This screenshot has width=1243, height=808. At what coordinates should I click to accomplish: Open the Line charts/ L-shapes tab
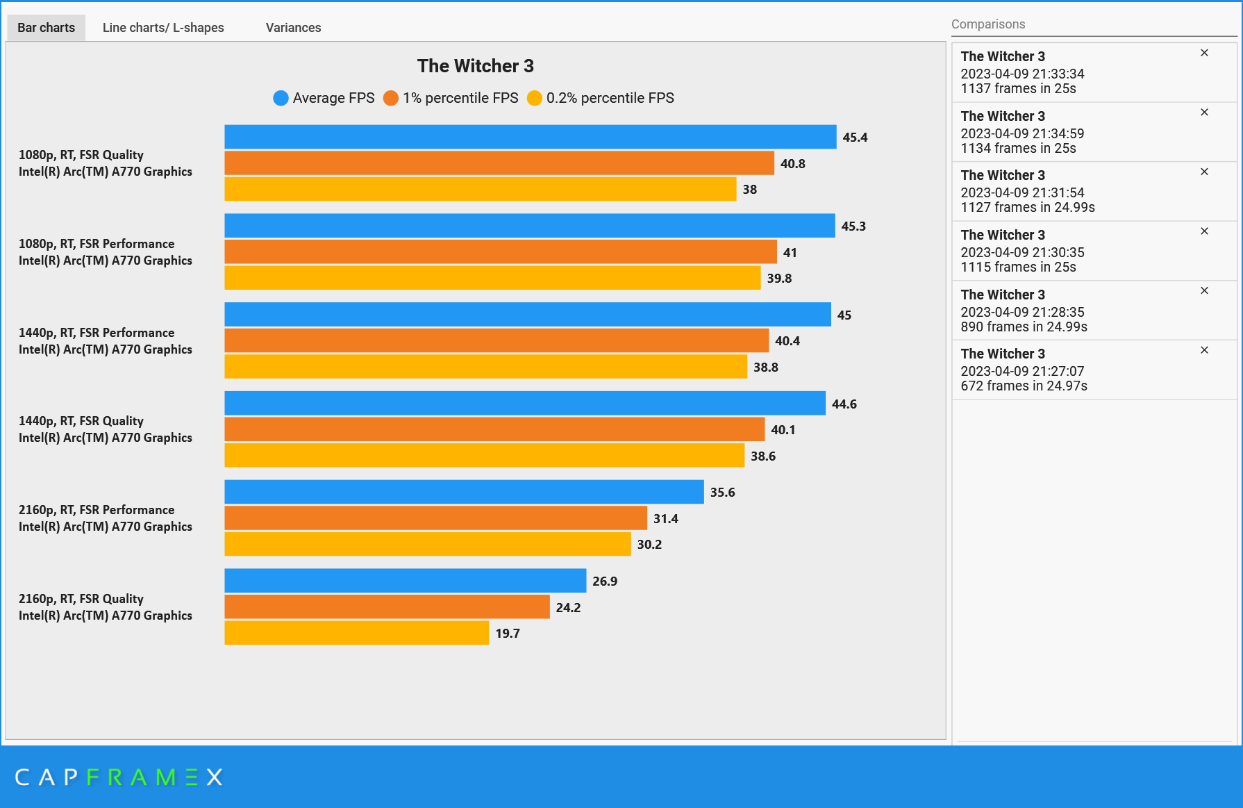point(163,28)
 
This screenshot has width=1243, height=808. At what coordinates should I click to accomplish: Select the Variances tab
point(293,28)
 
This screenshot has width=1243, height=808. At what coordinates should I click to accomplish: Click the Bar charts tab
point(46,28)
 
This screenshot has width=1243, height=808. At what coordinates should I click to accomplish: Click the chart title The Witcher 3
point(475,66)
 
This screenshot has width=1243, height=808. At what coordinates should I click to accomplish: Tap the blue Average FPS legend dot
point(281,98)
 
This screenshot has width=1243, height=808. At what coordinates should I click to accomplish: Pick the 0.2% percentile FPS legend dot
point(534,98)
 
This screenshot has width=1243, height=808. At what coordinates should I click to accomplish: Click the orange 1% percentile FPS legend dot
point(391,98)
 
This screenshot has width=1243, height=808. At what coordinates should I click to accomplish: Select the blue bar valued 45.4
point(530,137)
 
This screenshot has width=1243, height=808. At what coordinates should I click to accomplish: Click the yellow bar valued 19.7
point(356,633)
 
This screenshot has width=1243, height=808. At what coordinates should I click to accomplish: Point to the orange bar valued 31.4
point(435,518)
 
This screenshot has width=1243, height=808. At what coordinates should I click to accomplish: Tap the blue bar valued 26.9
point(405,581)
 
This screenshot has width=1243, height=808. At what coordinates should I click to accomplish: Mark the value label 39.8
point(779,279)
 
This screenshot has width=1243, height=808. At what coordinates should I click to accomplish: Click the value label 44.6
point(844,404)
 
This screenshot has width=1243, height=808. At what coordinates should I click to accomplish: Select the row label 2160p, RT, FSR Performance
point(97,510)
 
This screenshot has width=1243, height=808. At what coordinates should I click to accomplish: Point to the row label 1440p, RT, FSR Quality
point(81,421)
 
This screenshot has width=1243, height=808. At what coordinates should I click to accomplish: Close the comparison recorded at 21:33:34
point(1204,53)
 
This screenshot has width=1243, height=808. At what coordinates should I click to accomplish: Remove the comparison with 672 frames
point(1204,350)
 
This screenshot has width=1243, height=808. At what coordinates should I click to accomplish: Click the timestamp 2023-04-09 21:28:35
point(1022,312)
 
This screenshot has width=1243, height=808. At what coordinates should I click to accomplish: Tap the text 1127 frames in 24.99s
point(1027,208)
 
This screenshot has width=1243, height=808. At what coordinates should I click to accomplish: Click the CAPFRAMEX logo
point(119,777)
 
